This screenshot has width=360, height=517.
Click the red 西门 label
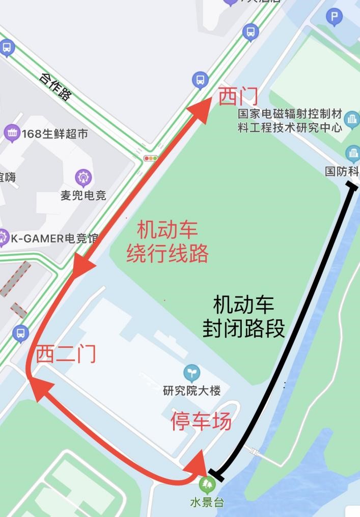[x=238, y=96]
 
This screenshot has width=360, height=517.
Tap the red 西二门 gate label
[x=66, y=354]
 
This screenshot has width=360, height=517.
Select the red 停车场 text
[x=201, y=421]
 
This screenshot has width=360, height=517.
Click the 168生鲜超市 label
[x=54, y=134]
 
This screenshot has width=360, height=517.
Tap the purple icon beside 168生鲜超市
[x=12, y=133]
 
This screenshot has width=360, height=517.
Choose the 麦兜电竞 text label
[x=84, y=195]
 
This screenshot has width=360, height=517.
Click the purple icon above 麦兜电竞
[x=83, y=178]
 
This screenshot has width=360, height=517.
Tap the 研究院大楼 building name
[x=192, y=391]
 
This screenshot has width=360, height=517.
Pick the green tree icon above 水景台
[x=207, y=483]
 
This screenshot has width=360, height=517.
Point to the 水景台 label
[x=207, y=502]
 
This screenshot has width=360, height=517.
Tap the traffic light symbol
[x=151, y=158]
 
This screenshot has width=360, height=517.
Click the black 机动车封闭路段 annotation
[x=244, y=317]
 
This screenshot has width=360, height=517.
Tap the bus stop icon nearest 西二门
[x=20, y=333]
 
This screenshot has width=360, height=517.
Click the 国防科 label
[x=342, y=172]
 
